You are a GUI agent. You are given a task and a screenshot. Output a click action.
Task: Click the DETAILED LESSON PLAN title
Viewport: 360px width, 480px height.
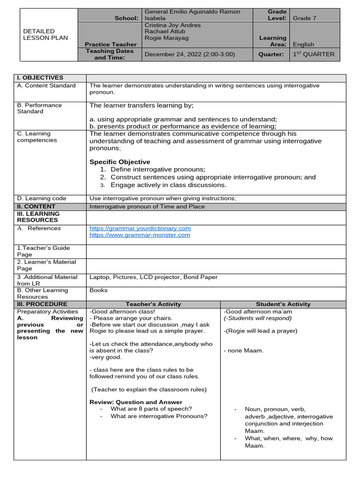coord(45,34)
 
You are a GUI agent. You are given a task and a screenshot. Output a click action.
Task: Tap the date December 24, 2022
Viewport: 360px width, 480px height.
coord(190,54)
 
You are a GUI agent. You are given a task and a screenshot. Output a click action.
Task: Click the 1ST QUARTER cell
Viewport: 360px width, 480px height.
coord(314,54)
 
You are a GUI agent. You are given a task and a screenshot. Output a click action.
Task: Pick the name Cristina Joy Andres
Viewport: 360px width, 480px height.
coord(172,25)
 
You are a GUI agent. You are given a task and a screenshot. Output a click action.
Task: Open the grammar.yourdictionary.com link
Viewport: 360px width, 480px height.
coord(140,228)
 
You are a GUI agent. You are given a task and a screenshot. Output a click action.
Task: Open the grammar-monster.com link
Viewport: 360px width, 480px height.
coord(140,235)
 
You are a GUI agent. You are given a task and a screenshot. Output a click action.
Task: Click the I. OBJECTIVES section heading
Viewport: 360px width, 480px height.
coord(40,78)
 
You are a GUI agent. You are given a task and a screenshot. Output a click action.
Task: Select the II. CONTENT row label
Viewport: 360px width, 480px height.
coord(36,206)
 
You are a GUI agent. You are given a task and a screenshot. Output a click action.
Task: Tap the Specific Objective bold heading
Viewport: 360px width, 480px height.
coord(120,162)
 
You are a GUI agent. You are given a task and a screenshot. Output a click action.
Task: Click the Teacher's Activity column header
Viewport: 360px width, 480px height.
coord(153,304)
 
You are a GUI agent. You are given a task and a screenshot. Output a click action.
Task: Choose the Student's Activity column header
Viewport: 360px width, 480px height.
coord(283,304)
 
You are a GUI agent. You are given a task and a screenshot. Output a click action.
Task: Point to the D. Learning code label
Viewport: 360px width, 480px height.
coord(42,199)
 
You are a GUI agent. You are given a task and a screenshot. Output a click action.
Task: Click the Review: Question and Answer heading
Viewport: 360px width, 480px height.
coord(136,402)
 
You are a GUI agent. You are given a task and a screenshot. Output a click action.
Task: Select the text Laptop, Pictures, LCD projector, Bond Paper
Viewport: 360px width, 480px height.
coord(153,277)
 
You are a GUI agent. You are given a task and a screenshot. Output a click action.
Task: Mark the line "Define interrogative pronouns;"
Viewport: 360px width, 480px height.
coord(158,170)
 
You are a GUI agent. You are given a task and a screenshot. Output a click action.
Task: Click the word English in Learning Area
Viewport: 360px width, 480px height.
coord(303,45)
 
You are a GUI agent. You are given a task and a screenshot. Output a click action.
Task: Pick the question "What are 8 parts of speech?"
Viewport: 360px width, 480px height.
coord(151,409)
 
